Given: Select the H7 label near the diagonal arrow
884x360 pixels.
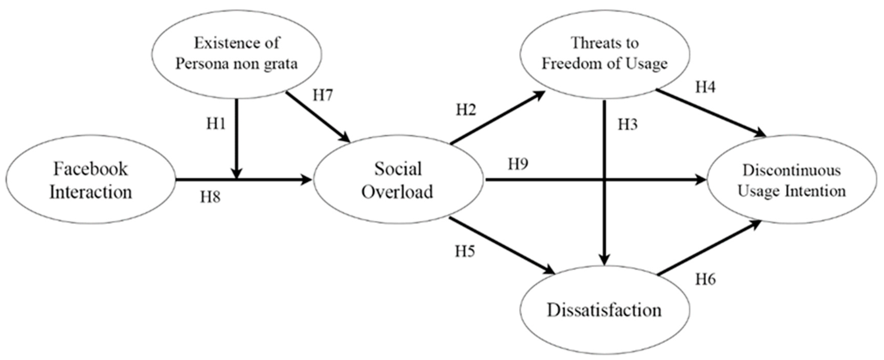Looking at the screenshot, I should click(322, 95).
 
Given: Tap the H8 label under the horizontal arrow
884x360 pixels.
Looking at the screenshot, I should click(210, 197).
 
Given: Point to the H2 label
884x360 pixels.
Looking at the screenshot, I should click(466, 110).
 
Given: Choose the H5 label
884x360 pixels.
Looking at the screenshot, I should click(465, 252).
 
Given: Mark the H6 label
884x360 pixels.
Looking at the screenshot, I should click(706, 279).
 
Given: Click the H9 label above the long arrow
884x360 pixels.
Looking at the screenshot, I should click(518, 164).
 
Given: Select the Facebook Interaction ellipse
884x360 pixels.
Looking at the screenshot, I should click(91, 179).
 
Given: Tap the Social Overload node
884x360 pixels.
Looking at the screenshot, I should click(398, 179).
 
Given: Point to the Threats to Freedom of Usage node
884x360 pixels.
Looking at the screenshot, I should click(605, 54).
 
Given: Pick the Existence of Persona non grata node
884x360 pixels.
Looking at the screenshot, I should click(236, 54).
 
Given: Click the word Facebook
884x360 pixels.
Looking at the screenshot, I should click(91, 169).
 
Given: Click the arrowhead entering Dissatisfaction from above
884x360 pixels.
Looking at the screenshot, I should click(604, 259).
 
